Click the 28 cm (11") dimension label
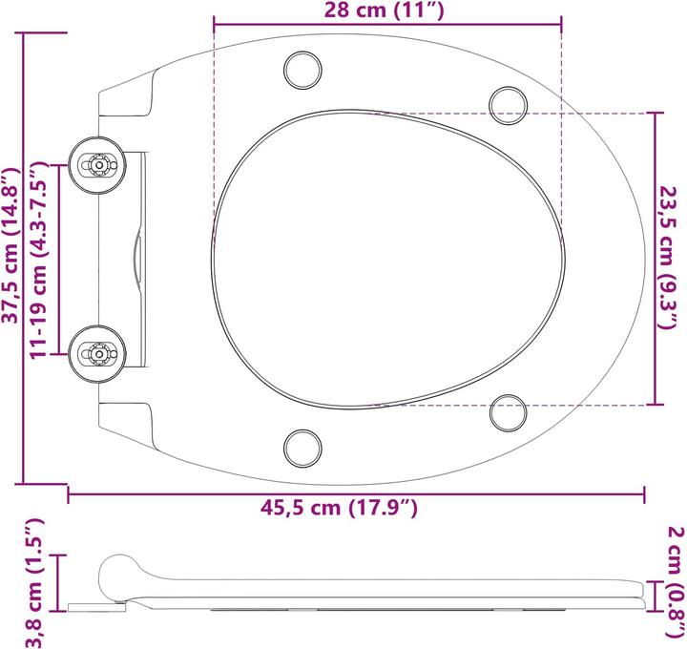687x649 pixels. click(x=386, y=10)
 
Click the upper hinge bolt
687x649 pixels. click(x=97, y=164)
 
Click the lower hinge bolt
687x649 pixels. click(x=97, y=352)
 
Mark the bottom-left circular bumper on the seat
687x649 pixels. click(x=303, y=446)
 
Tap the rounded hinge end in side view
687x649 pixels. click(x=119, y=573)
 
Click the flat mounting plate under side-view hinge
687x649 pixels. click(x=95, y=605)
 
